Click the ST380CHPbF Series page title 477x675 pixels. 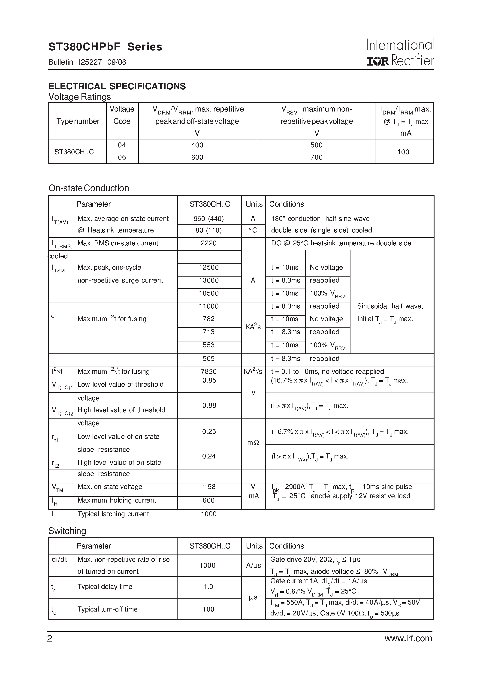coord(105,47)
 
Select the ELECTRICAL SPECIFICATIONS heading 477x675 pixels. coord(117,86)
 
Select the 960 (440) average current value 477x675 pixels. coord(208,218)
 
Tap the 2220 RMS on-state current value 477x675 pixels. coord(208,243)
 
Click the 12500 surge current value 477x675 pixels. coord(208,267)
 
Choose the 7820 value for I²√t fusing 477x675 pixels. coord(208,371)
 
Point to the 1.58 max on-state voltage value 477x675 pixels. coord(208,487)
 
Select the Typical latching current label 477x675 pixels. coord(113,514)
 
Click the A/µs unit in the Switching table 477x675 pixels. coord(253,566)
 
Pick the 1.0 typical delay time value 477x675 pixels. coord(208,587)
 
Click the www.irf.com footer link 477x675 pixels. coord(408,639)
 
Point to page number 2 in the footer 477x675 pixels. coord(50,639)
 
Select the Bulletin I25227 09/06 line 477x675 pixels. coord(87,62)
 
